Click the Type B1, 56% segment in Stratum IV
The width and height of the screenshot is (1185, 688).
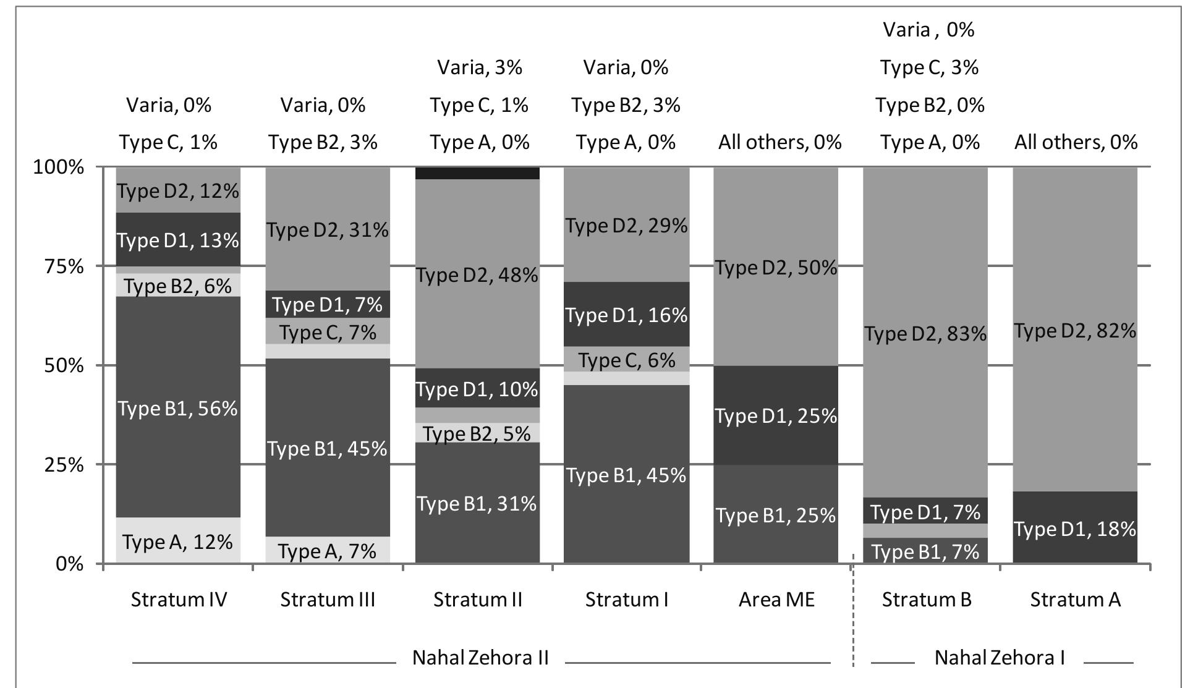click(x=178, y=408)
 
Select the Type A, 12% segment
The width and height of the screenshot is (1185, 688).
click(x=178, y=541)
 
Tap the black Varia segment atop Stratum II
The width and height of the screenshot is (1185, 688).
click(x=477, y=172)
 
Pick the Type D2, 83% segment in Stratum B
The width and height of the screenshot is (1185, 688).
click(x=925, y=334)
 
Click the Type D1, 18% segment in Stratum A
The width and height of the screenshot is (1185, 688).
click(x=1075, y=529)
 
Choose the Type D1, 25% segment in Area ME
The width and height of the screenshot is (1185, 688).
click(x=776, y=415)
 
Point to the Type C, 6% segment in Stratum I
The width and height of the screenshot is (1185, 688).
click(x=627, y=359)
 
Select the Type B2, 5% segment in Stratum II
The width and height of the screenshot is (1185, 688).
click(x=477, y=433)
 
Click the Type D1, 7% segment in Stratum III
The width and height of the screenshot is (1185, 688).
click(x=328, y=304)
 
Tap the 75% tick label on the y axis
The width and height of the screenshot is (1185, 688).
click(x=58, y=266)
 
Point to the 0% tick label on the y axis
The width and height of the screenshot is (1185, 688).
click(x=69, y=564)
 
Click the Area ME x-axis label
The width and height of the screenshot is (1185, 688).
click(x=776, y=600)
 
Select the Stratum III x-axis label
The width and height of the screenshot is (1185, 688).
click(x=328, y=600)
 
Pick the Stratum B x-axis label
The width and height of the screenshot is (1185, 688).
click(x=927, y=600)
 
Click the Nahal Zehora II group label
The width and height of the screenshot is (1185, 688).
click(x=480, y=657)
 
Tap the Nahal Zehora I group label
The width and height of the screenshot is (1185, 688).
click(x=1000, y=657)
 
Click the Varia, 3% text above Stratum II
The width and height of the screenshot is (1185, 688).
click(x=480, y=67)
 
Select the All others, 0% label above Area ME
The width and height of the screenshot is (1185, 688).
click(x=779, y=143)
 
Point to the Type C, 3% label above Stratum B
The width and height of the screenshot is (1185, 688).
click(x=929, y=67)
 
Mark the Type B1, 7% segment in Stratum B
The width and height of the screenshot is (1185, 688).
click(x=925, y=551)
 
